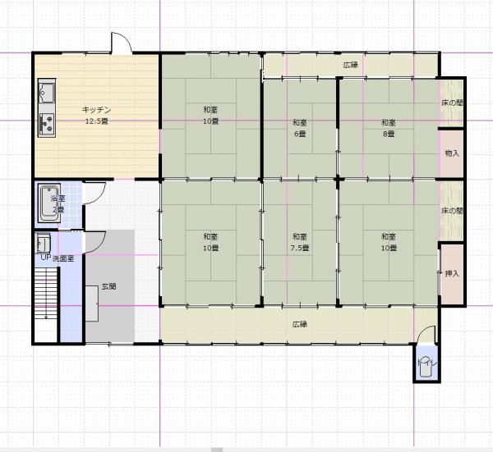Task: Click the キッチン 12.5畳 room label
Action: click(x=96, y=115)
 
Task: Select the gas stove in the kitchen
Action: click(x=47, y=123)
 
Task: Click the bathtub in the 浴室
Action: click(x=49, y=203)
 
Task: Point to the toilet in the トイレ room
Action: click(x=425, y=367)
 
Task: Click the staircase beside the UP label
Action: click(x=46, y=293)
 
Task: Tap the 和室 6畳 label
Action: click(x=300, y=128)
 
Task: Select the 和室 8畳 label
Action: click(x=389, y=128)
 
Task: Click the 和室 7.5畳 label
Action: click(x=300, y=242)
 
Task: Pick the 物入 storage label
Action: click(x=452, y=153)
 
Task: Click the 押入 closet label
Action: click(x=452, y=274)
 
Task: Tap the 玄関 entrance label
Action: click(x=108, y=286)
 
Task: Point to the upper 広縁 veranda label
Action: click(x=351, y=65)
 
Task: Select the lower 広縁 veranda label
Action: click(x=300, y=324)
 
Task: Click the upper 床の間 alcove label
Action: click(x=452, y=103)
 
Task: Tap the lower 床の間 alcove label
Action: click(x=452, y=211)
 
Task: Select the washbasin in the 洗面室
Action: click(x=44, y=244)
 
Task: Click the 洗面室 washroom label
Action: click(x=63, y=259)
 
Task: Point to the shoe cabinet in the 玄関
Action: click(x=92, y=304)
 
